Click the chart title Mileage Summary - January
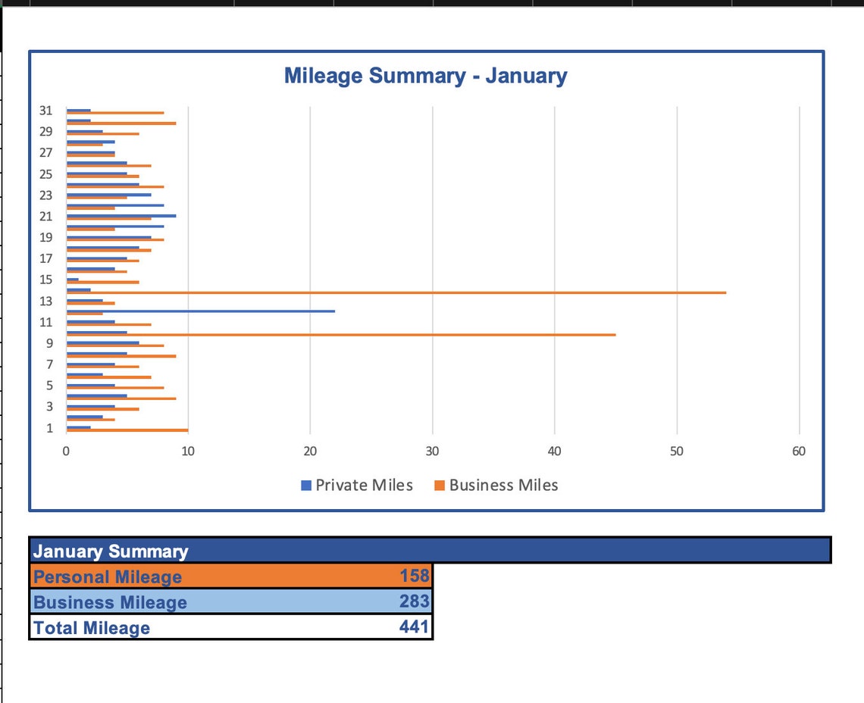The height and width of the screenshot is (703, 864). tap(425, 76)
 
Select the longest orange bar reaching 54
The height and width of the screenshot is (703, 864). tap(394, 292)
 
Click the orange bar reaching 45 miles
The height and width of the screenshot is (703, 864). tap(341, 334)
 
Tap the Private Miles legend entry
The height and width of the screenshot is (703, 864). tap(357, 486)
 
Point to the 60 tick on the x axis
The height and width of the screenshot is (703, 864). tap(798, 451)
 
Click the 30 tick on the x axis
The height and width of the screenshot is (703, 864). tap(432, 451)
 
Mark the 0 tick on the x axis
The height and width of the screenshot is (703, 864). tap(66, 451)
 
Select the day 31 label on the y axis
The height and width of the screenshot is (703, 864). tap(46, 111)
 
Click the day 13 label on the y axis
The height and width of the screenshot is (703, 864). tap(46, 302)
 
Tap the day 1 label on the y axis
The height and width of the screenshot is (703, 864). tap(49, 428)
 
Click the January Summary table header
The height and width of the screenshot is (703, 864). tap(111, 551)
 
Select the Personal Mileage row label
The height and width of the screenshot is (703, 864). tap(108, 577)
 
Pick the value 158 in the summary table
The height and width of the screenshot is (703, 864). tap(415, 576)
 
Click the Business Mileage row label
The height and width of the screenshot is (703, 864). tap(110, 603)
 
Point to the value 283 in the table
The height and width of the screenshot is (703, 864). tap(415, 601)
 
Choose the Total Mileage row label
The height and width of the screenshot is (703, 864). tap(92, 628)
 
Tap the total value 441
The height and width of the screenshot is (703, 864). tap(414, 626)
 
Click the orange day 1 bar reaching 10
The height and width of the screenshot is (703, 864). tap(127, 430)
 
